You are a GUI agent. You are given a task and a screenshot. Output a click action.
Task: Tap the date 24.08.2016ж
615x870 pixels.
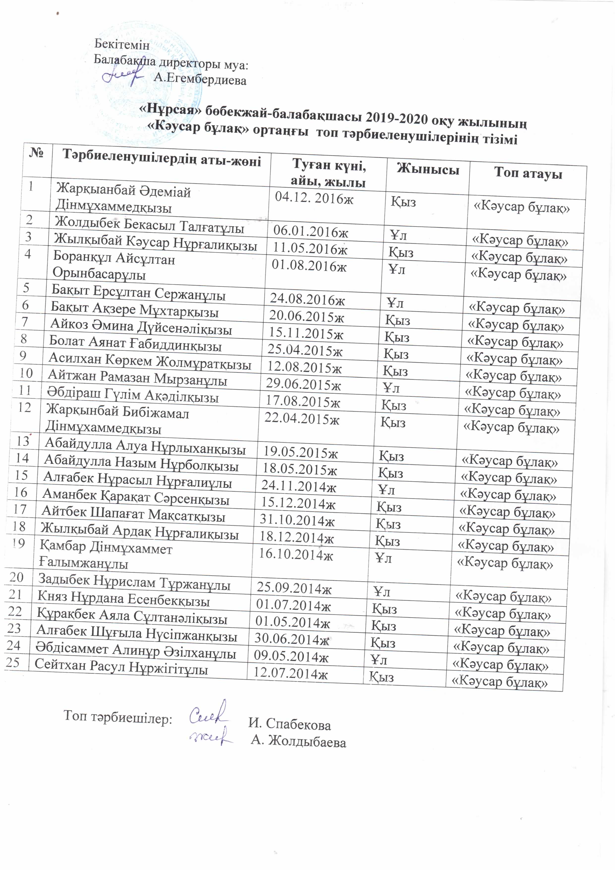click(307, 299)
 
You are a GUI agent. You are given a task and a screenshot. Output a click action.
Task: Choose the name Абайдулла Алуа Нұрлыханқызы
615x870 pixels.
click(145, 447)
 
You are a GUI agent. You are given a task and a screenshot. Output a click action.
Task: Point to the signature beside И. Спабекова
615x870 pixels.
click(208, 714)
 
